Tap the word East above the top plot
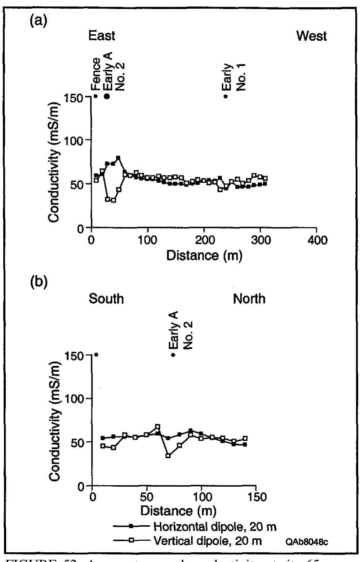(102, 36)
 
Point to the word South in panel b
(106, 299)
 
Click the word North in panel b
(249, 299)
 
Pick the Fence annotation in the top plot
(96, 74)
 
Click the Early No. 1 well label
(234, 77)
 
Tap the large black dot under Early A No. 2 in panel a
(107, 96)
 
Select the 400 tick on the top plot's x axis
(316, 240)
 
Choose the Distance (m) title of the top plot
(204, 255)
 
